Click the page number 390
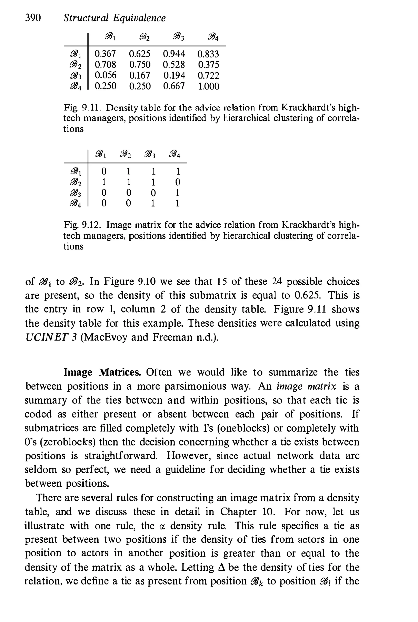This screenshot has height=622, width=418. coord(33,18)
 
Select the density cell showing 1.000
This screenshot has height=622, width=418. coord(208,86)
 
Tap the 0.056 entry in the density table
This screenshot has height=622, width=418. coord(106,75)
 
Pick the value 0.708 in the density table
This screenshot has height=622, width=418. coord(106,64)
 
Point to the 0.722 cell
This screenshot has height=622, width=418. coord(208,75)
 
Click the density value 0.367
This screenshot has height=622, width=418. coord(106,54)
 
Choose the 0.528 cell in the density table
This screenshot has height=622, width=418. coord(174,64)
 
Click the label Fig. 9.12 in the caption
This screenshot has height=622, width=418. coord(82,225)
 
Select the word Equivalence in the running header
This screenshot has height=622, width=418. coord(139,18)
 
